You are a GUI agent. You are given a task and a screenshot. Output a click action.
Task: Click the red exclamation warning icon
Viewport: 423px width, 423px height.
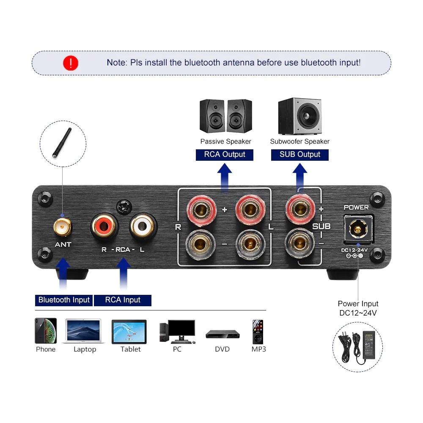[71, 63]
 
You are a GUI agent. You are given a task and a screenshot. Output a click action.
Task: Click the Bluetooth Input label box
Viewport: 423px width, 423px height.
[64, 300]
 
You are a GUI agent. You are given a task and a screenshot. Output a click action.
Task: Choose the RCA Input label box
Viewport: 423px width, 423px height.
[123, 300]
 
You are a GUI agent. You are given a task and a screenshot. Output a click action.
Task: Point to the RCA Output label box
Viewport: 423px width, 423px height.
[225, 154]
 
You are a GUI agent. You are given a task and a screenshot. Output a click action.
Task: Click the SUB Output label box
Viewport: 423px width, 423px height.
[300, 154]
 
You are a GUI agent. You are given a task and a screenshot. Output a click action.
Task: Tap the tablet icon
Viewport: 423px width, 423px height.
[129, 332]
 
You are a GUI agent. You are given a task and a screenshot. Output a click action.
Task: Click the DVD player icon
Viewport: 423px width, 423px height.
[222, 335]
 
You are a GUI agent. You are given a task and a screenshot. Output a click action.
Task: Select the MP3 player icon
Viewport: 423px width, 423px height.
[258, 331]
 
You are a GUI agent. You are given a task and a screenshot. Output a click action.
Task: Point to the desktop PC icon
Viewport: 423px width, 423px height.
[177, 331]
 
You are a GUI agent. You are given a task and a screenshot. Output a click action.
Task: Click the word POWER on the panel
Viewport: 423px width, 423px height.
[356, 207]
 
